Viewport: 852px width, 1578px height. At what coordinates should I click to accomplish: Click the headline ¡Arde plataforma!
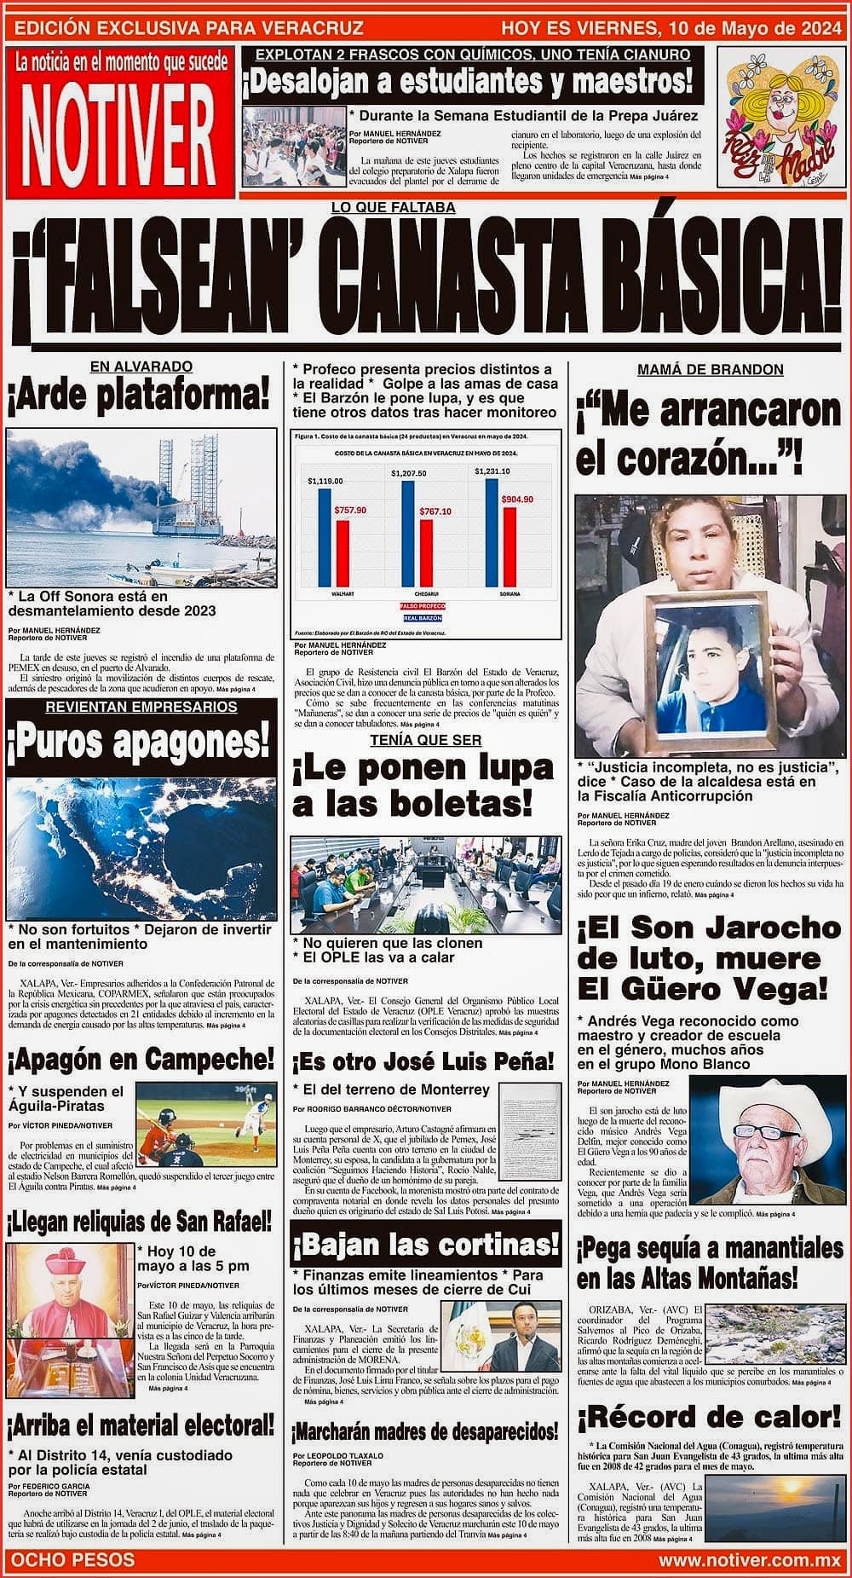pyautogui.click(x=139, y=396)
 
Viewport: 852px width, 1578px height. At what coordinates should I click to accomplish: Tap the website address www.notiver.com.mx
pyautogui.click(x=749, y=1560)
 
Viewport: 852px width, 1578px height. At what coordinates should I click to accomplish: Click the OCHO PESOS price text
pyautogui.click(x=72, y=1560)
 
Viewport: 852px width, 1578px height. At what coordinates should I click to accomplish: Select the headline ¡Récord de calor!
pyautogui.click(x=709, y=1419)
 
